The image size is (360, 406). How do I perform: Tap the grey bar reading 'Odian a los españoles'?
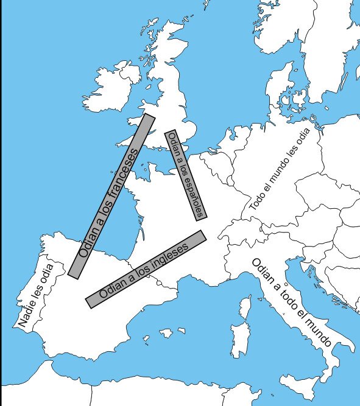click(186, 174)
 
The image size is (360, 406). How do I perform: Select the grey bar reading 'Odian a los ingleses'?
click(146, 268)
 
